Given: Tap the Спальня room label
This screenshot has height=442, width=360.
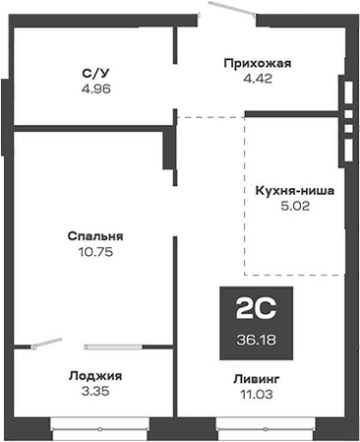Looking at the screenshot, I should point(95,236).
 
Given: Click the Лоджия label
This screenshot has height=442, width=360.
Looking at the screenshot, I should point(95,375).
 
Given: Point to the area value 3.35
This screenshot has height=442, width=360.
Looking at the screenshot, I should point(95,390).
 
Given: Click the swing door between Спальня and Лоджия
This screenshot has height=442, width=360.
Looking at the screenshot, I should point(44,345).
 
